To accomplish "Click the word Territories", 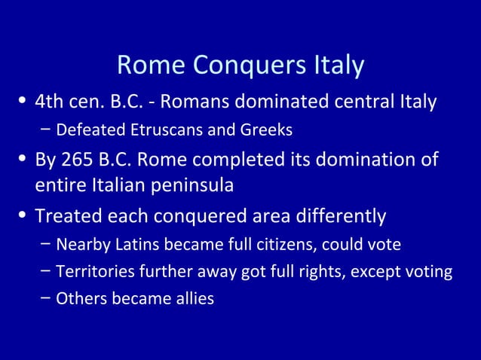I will coord(91,272).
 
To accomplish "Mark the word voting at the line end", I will coord(428,272).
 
